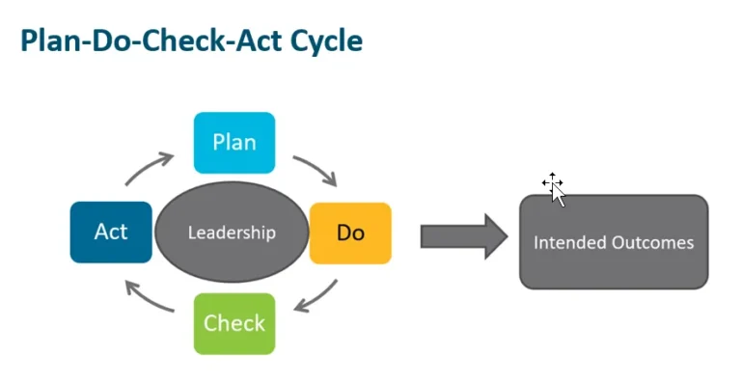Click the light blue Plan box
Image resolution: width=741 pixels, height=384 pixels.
pos(234,143)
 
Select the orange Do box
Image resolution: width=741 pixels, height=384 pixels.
pos(350,233)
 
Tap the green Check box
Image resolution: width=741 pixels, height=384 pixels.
pos(234,322)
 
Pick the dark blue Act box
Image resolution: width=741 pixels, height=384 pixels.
pos(111,233)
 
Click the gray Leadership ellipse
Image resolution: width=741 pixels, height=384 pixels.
pos(232,233)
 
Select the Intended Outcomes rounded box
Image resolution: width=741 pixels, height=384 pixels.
pos(614,242)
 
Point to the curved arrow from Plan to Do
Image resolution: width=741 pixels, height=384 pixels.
pos(316,168)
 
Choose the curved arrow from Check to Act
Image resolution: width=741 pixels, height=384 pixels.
pos(150,295)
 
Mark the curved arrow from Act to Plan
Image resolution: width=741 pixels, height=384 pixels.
pos(149,168)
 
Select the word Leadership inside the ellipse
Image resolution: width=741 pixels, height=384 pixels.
pos(232,233)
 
